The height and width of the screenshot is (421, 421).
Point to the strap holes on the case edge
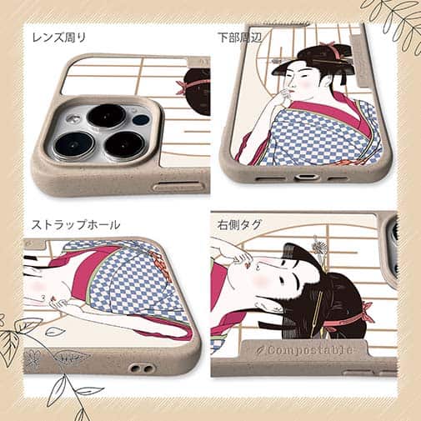pyautogui.click(x=139, y=368)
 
